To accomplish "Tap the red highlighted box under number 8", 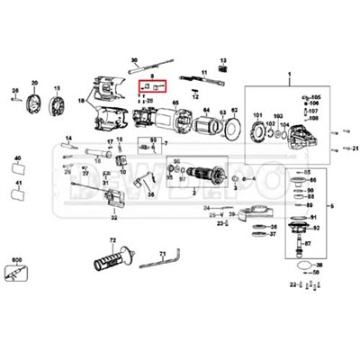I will [151, 87].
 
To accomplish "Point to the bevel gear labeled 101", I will [259, 133].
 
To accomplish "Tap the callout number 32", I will [113, 217].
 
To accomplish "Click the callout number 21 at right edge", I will [355, 148].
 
